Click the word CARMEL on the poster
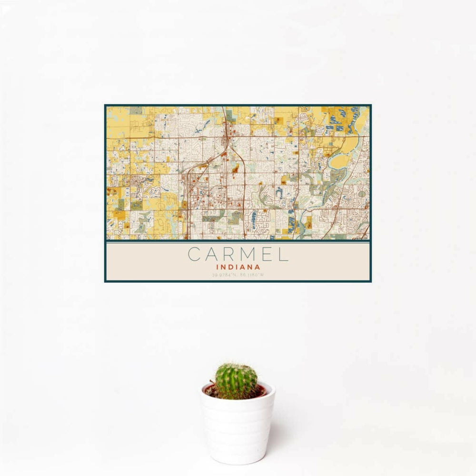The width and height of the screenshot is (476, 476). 238,254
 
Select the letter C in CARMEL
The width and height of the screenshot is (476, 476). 194,254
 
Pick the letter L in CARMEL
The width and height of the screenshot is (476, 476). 283,254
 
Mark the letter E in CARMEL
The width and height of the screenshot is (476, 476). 266,254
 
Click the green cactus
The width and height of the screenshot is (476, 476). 236,381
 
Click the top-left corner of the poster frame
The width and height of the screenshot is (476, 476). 105,106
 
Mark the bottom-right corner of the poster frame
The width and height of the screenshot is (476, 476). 371,281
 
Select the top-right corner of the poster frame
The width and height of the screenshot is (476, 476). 371,106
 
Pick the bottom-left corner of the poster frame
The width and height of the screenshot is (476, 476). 105,281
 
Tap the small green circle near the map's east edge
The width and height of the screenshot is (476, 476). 361,193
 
